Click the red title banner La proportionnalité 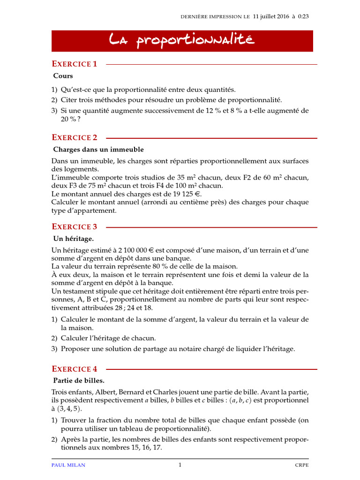182,41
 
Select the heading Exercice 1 75,64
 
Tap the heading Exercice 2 75,137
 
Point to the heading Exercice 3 75,226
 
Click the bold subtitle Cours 63,75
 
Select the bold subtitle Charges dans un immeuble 98,150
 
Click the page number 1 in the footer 180,465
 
